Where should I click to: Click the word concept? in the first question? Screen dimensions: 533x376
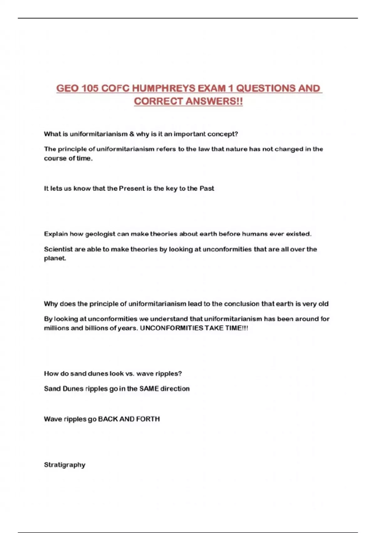(222, 134)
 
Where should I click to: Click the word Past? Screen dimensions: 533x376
(207, 188)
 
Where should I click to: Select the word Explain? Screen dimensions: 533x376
(56, 234)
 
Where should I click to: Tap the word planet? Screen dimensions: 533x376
(55, 259)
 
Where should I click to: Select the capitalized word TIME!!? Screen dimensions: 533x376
(237, 328)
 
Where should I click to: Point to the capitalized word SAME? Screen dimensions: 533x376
(149, 389)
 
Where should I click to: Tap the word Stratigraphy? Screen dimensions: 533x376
(65, 465)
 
